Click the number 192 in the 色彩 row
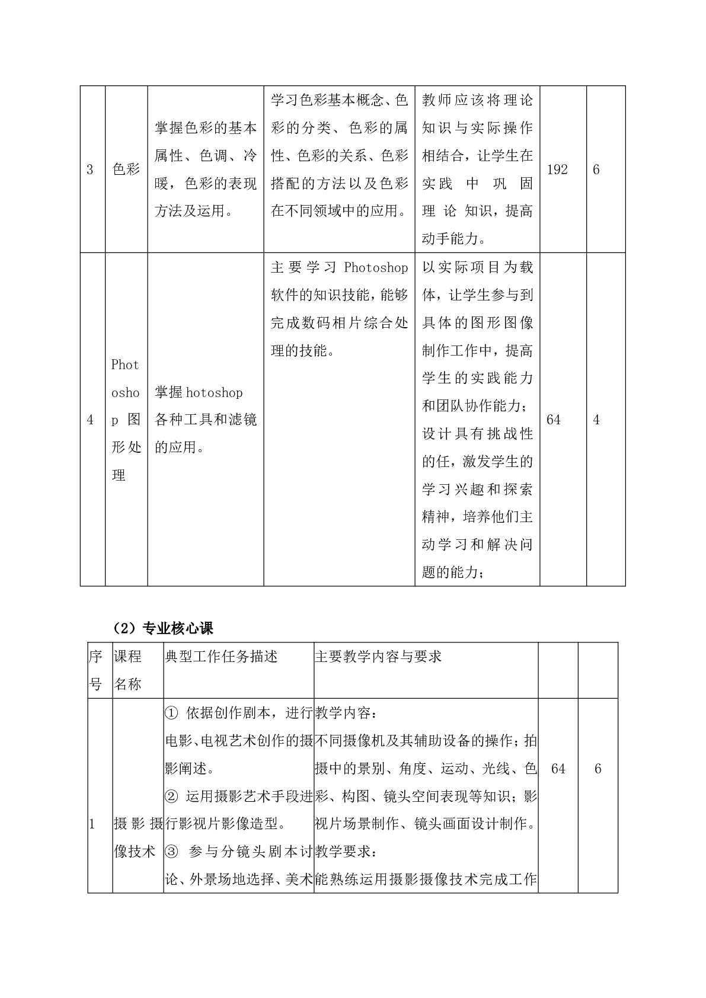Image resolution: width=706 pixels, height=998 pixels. coord(557,170)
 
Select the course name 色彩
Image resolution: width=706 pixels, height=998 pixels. coord(126,170)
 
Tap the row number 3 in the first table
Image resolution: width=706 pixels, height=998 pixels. coord(90,170)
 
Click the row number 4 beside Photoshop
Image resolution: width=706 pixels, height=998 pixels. coord(90,420)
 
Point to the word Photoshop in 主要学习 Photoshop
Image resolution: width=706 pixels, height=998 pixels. coord(376,268)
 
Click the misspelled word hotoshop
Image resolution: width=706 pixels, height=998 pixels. coord(214,393)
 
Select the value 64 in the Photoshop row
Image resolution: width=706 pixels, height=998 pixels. coord(554,420)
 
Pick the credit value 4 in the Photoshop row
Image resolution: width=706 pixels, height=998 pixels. coord(596,420)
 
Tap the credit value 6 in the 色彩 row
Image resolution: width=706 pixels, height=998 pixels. coord(596,170)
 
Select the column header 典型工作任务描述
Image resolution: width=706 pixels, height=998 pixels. coord(221,657)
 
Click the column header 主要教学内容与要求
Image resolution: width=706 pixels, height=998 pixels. coord(378,657)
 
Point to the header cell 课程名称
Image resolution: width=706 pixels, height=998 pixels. coord(128,670)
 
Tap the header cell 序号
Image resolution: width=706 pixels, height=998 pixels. coord(95,670)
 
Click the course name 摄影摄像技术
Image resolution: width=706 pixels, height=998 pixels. coord(138,837)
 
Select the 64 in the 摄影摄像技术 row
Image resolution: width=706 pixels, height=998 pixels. coord(558,769)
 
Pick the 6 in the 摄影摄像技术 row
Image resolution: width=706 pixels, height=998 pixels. coord(598,769)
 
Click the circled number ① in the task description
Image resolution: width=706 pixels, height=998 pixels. coord(171,713)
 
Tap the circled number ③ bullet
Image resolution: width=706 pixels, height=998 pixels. coord(171,852)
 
